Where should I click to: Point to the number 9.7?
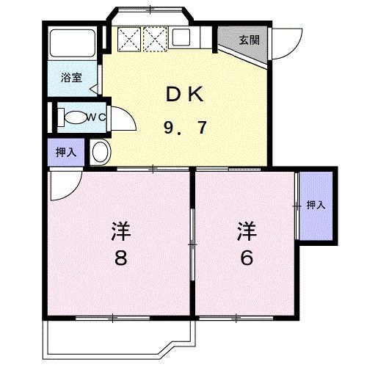tap(183, 128)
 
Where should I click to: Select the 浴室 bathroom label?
tap(70, 76)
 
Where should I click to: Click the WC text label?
tap(97, 116)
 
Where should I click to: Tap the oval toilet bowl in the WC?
tap(73, 117)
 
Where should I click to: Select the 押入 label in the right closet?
tap(316, 206)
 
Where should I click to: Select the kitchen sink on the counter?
tap(183, 37)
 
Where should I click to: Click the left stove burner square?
tap(129, 37)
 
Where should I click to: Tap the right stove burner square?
tap(156, 37)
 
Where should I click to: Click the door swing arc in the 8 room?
tap(65, 185)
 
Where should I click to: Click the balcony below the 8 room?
tap(117, 337)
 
